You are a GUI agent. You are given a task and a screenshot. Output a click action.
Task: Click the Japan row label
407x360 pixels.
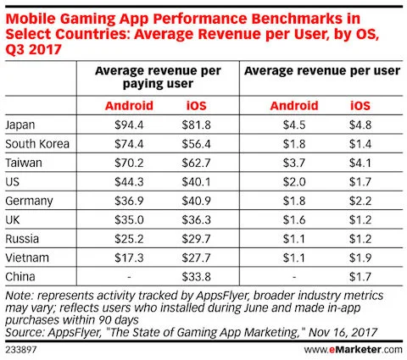pyautogui.click(x=20, y=125)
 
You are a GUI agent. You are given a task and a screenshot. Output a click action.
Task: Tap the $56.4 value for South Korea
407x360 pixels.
pyautogui.click(x=194, y=144)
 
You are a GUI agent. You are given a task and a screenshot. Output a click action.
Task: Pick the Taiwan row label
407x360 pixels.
pyautogui.click(x=23, y=163)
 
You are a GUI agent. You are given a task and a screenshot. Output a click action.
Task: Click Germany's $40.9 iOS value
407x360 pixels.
pyautogui.click(x=194, y=200)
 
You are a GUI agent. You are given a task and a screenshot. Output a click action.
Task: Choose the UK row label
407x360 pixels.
pyautogui.click(x=14, y=219)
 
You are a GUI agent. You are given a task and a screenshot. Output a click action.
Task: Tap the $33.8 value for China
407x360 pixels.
pyautogui.click(x=194, y=274)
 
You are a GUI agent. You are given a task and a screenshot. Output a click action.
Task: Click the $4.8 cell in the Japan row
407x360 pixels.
pyautogui.click(x=360, y=125)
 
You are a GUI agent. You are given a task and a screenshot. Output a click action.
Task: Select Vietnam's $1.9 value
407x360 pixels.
pyautogui.click(x=360, y=256)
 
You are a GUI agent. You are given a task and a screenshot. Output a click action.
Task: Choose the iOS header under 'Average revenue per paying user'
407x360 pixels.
pyautogui.click(x=194, y=107)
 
